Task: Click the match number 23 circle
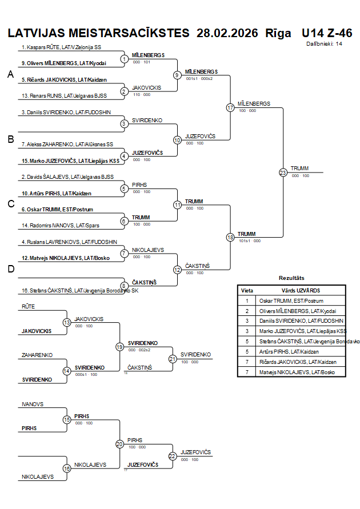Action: click(x=283, y=172)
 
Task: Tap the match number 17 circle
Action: click(x=230, y=107)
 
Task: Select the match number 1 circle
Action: click(x=125, y=59)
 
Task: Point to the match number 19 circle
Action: click(x=119, y=346)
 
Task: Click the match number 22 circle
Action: click(x=172, y=456)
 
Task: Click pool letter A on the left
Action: click(x=10, y=74)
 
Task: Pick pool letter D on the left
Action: click(x=10, y=270)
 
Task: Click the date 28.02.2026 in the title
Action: click(x=227, y=33)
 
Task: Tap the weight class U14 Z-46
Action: click(x=327, y=33)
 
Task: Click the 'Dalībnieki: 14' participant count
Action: click(x=324, y=43)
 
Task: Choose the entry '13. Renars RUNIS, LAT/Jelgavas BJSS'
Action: click(x=64, y=96)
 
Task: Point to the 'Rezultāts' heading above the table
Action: click(x=291, y=278)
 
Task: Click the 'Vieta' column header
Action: click(x=247, y=290)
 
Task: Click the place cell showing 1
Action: click(x=247, y=300)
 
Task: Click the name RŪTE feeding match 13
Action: click(x=29, y=307)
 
